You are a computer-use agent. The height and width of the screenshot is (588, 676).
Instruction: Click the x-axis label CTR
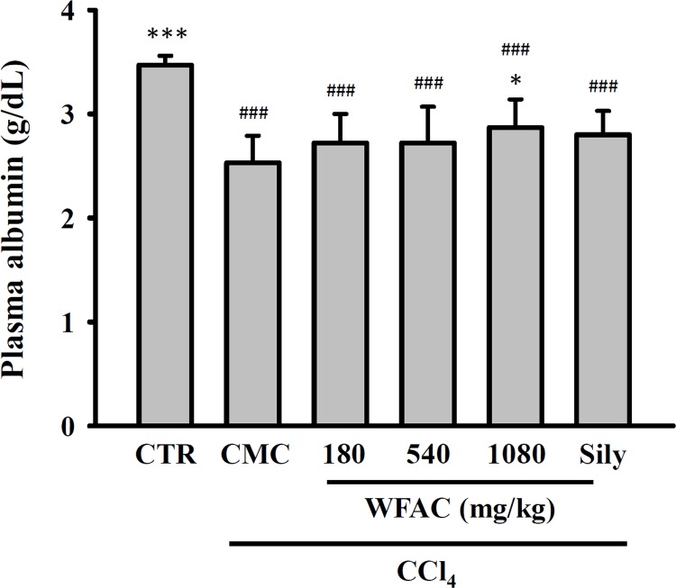coord(162,452)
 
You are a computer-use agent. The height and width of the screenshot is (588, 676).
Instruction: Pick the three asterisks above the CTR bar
coord(162,36)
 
